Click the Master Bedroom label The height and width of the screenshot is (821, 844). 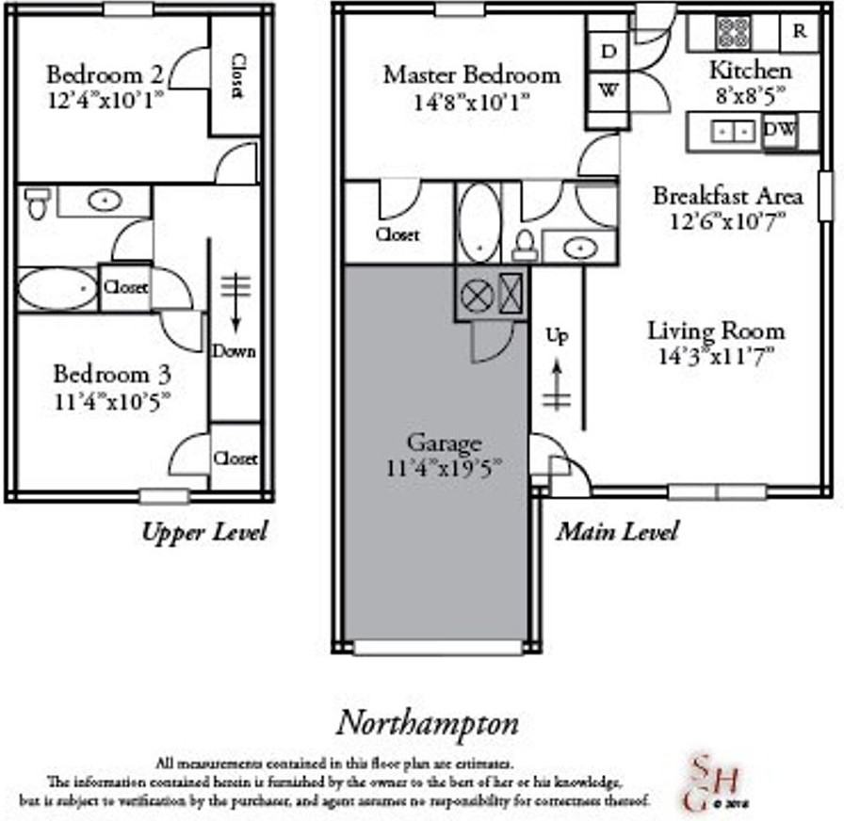471,74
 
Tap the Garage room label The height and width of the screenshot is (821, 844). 445,443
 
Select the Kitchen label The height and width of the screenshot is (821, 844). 750,70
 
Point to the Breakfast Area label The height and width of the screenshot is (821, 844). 728,196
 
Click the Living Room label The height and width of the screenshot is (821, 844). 716,331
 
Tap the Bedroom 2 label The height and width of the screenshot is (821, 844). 105,73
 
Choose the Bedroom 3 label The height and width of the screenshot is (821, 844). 112,373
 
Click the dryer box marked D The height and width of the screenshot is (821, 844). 609,53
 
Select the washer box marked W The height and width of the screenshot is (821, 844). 609,91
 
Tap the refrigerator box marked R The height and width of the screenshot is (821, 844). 800,31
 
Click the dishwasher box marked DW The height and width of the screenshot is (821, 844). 778,130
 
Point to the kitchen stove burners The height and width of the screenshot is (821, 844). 733,33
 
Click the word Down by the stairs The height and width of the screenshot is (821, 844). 234,351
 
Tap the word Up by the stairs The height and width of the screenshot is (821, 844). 558,336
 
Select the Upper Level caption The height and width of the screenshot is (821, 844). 204,532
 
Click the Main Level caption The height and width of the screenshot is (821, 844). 616,532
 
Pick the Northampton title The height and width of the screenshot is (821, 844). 428,724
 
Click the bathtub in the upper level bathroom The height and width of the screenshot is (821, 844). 57,289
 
